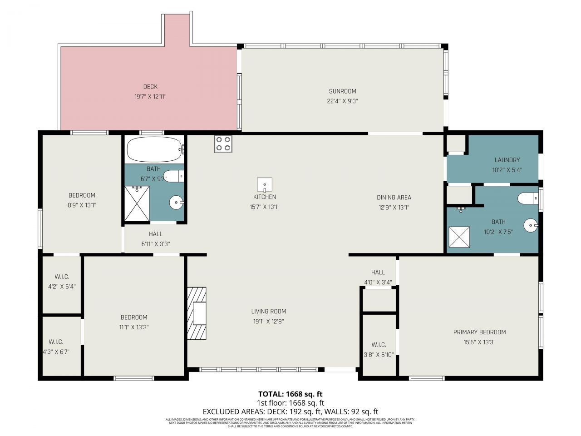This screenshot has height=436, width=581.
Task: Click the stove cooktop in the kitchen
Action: (223, 144)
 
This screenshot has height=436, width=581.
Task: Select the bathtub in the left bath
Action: (154, 149)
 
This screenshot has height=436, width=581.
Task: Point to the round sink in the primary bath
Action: (530, 225)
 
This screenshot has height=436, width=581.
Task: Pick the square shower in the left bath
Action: (137, 203)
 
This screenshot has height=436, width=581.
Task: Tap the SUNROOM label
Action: (342, 91)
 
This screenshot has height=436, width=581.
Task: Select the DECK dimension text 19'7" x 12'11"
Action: (150, 96)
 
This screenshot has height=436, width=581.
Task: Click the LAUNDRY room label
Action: (507, 160)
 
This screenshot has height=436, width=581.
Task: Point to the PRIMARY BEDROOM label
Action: (479, 332)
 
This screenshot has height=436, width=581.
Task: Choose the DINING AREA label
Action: (394, 198)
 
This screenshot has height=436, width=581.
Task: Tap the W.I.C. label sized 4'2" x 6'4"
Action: (62, 277)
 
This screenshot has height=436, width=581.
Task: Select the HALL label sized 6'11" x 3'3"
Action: (155, 234)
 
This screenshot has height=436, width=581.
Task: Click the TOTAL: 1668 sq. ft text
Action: (290, 394)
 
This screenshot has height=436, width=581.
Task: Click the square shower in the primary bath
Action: (459, 237)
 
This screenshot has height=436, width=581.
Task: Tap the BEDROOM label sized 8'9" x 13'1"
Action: (82, 195)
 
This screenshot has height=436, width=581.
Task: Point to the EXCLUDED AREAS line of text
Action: (290, 411)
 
